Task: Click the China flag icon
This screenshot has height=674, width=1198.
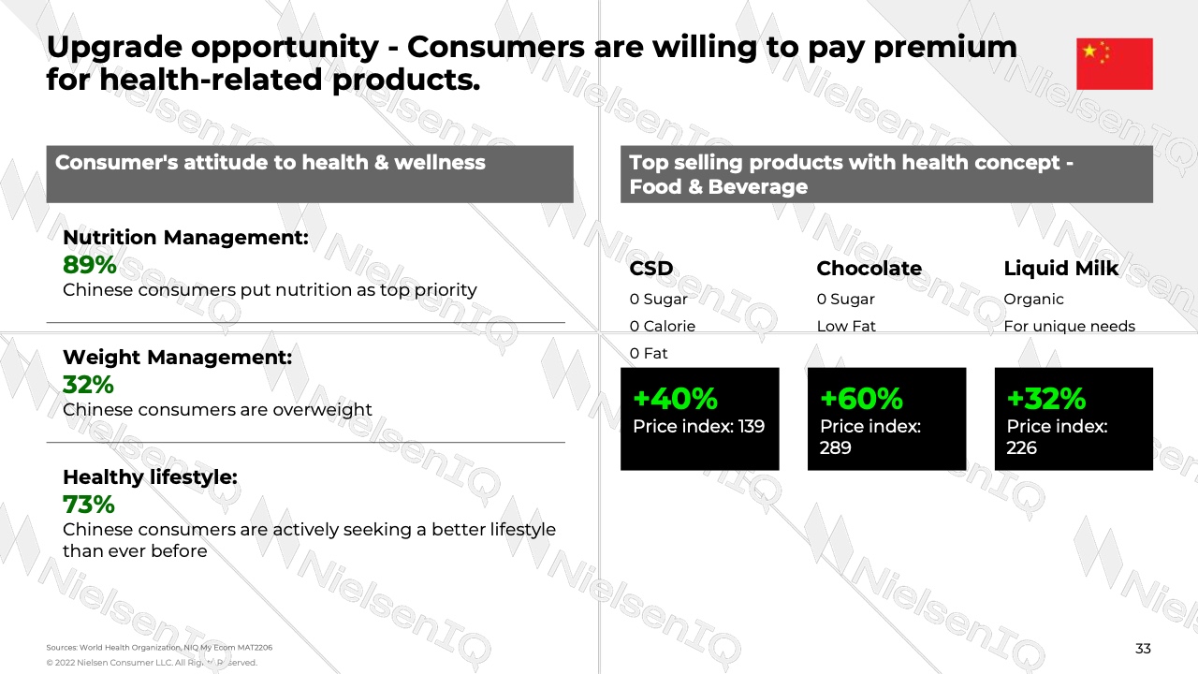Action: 1115,64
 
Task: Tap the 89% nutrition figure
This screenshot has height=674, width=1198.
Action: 90,265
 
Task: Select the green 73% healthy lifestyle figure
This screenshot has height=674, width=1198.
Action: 89,505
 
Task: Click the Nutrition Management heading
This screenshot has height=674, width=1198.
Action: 185,238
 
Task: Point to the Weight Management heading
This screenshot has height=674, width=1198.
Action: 178,358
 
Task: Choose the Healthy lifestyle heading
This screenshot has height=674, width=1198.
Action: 151,476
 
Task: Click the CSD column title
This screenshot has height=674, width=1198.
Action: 651,269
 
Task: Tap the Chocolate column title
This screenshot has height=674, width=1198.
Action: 869,269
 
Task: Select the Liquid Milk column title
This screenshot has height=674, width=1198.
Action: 1061,269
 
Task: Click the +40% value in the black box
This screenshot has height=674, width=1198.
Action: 675,399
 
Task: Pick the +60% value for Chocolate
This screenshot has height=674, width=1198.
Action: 862,399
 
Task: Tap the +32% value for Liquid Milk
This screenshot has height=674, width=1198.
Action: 1046,399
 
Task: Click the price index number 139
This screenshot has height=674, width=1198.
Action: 751,426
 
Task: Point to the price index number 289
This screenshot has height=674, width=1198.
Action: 836,447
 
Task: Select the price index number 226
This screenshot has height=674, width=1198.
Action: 1021,447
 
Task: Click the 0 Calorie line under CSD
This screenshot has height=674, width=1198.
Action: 662,327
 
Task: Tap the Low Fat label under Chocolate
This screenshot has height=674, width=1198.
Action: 846,327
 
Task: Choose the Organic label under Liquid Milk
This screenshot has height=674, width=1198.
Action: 1034,299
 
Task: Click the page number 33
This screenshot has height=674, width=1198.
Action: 1143,649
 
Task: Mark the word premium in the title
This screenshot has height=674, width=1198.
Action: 945,48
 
